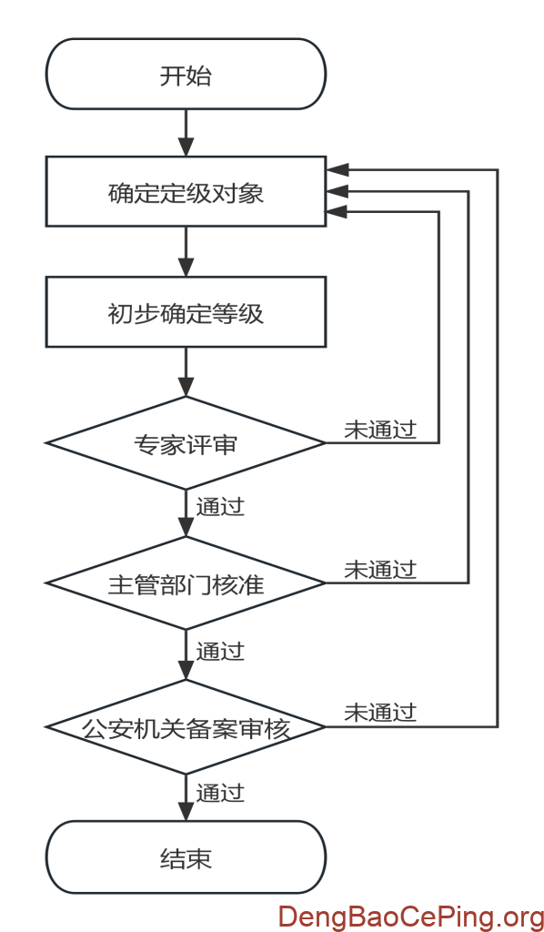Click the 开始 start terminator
click(x=186, y=75)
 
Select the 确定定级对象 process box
click(x=186, y=192)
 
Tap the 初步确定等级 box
click(x=186, y=314)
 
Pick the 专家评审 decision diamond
click(x=186, y=444)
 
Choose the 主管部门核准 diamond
click(x=186, y=583)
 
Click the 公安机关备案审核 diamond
click(x=186, y=727)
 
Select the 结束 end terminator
click(x=186, y=858)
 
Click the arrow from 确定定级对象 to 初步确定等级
click(x=186, y=251)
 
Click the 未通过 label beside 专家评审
click(x=380, y=431)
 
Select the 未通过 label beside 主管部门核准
click(x=380, y=570)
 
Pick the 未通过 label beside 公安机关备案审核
click(x=380, y=713)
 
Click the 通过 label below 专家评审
click(x=220, y=505)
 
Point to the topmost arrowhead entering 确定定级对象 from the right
click(x=336, y=170)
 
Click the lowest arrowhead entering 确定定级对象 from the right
click(x=336, y=211)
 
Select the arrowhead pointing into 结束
click(x=186, y=812)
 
